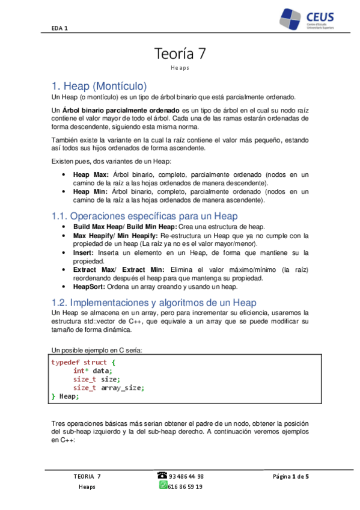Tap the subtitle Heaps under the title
coord(180,68)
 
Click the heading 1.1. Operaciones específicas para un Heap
coord(145,215)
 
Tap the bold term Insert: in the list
coord(83,253)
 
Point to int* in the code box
coord(81,371)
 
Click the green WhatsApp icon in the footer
coord(163,486)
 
